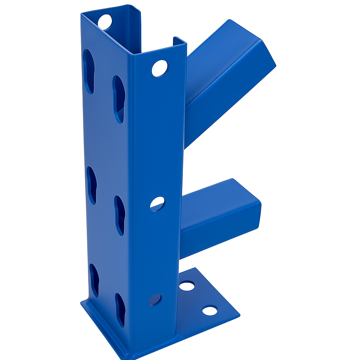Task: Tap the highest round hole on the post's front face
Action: click(x=160, y=68)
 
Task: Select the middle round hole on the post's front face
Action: click(x=157, y=204)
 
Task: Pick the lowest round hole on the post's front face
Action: click(x=155, y=300)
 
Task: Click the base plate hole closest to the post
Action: click(x=187, y=286)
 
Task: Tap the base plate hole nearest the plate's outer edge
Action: click(x=210, y=310)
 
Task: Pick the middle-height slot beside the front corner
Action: click(x=120, y=215)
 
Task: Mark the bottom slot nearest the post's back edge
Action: click(x=94, y=280)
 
